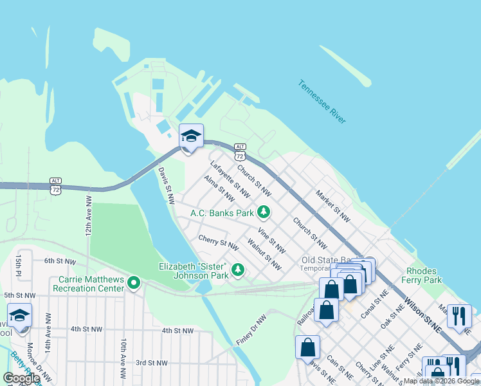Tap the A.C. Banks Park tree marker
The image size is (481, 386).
point(263,212)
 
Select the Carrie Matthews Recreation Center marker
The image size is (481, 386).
point(134,283)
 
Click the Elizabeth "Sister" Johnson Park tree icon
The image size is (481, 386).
point(238,269)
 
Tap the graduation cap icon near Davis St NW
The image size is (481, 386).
point(191,136)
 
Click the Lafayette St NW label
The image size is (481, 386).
point(230,179)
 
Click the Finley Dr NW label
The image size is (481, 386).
point(251,329)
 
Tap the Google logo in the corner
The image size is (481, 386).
point(21,378)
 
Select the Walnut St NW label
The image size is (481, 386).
point(264,254)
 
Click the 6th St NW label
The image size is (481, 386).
point(56,261)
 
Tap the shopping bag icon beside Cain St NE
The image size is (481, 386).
point(307,346)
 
